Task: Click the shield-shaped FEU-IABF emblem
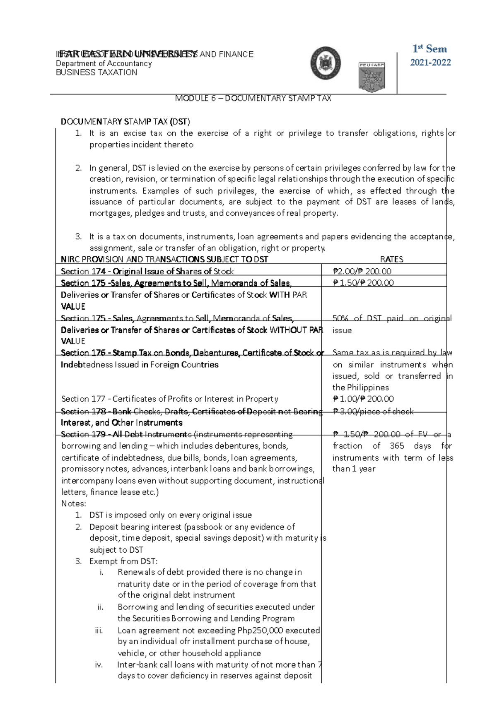click(x=372, y=77)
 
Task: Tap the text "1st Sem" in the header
click(x=429, y=49)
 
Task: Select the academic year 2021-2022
click(x=430, y=63)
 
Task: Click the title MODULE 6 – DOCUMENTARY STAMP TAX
click(x=253, y=98)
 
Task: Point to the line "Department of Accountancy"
click(x=104, y=63)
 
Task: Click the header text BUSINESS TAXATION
click(x=97, y=72)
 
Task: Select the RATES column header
click(x=391, y=259)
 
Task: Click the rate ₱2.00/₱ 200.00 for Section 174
click(x=362, y=271)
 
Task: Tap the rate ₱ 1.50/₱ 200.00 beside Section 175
click(x=363, y=283)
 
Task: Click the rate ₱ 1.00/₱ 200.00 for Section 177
click(x=363, y=399)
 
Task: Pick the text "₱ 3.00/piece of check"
click(x=373, y=411)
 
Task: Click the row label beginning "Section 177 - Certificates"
click(x=169, y=399)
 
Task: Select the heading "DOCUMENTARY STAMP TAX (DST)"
click(x=125, y=121)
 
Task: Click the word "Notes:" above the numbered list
click(x=74, y=503)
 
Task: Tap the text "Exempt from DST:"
click(x=123, y=561)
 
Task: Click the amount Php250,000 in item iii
click(x=260, y=630)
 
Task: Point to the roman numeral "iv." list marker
click(x=99, y=664)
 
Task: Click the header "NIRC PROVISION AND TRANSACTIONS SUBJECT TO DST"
click(x=164, y=259)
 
